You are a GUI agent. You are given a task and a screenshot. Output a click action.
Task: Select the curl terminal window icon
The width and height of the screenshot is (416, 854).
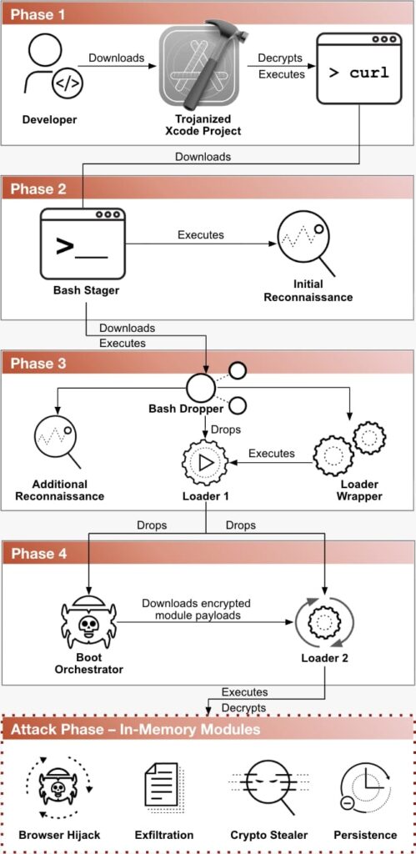pyautogui.click(x=359, y=68)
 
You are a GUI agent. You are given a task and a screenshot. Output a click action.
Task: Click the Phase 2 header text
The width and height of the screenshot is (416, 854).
pyautogui.click(x=38, y=189)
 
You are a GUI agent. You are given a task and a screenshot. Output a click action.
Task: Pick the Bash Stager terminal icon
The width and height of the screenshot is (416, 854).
pyautogui.click(x=83, y=243)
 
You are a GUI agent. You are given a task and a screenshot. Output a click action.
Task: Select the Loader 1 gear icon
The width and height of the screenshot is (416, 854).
pyautogui.click(x=205, y=463)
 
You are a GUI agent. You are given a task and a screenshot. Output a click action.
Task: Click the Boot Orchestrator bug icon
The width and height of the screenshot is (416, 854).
pyautogui.click(x=88, y=623)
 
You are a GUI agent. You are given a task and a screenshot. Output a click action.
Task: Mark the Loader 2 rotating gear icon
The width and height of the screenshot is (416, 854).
pyautogui.click(x=324, y=620)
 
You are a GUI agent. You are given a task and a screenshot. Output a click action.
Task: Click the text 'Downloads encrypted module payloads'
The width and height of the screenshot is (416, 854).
pyautogui.click(x=195, y=610)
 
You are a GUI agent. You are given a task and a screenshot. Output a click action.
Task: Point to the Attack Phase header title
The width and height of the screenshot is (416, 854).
pyautogui.click(x=135, y=729)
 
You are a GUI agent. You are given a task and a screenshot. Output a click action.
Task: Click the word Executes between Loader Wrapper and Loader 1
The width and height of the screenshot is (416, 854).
pyautogui.click(x=272, y=453)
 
